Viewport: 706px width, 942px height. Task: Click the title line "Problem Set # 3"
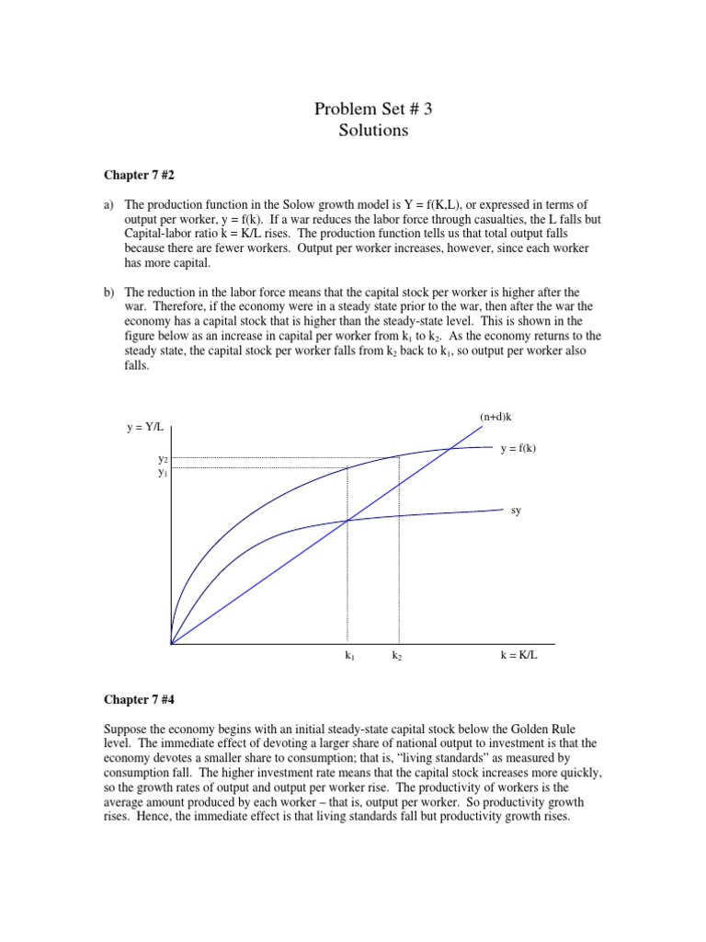372,109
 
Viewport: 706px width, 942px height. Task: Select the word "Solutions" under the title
372,131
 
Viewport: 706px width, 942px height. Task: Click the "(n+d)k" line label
495,417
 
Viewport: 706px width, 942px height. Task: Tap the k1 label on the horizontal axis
349,657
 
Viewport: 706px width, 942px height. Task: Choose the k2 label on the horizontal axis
397,657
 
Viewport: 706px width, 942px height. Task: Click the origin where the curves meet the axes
172,644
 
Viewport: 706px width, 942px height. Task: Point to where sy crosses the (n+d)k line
347,522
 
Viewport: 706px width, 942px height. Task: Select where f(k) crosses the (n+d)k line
450,448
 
